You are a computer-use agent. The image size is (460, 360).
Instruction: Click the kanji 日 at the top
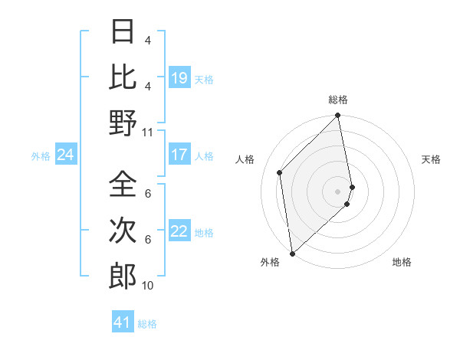point(123,31)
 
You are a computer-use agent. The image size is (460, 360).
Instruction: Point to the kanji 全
point(123,185)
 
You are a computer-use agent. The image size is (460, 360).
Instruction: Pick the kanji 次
point(123,231)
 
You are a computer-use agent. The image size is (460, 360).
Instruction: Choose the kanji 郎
point(123,276)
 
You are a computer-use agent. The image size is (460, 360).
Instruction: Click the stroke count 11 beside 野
point(147,132)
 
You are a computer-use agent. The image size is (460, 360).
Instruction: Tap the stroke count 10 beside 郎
point(147,286)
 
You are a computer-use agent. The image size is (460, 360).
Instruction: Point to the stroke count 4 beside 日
point(147,41)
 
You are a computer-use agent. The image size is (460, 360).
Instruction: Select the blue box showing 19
point(179,78)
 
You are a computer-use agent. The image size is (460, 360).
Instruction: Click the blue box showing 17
point(179,155)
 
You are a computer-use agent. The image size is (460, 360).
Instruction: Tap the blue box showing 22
point(179,231)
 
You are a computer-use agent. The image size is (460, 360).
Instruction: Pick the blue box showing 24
point(65,155)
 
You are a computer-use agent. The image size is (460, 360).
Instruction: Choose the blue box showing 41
point(123,322)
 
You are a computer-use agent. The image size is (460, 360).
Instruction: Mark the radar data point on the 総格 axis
point(338,116)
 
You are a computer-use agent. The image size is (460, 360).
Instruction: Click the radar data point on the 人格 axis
point(280,172)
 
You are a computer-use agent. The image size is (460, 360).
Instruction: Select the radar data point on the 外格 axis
point(292,253)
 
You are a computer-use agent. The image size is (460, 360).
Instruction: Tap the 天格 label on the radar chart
point(431,159)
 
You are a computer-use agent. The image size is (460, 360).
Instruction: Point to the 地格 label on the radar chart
point(402,262)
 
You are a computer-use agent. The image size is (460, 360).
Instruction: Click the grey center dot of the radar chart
point(338,191)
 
